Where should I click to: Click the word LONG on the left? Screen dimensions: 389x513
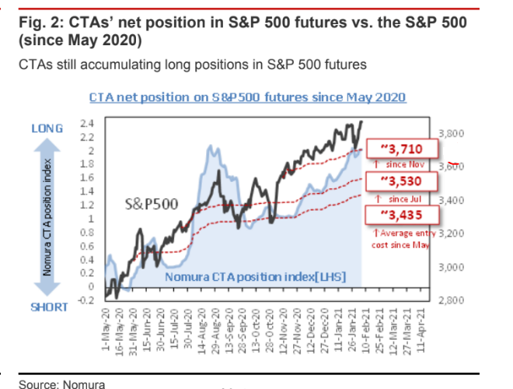(x=47, y=128)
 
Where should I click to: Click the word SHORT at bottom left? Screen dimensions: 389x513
(x=48, y=307)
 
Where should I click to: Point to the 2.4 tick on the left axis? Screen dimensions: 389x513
(x=87, y=124)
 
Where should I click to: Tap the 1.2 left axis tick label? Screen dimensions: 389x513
(x=87, y=205)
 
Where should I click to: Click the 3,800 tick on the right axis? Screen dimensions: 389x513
(x=452, y=134)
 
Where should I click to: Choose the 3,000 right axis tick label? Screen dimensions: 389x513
(x=452, y=267)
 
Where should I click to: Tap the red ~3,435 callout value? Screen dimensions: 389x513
(x=401, y=216)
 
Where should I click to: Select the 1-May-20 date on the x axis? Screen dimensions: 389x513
(x=108, y=330)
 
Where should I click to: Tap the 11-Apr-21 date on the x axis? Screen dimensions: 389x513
(x=423, y=330)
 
